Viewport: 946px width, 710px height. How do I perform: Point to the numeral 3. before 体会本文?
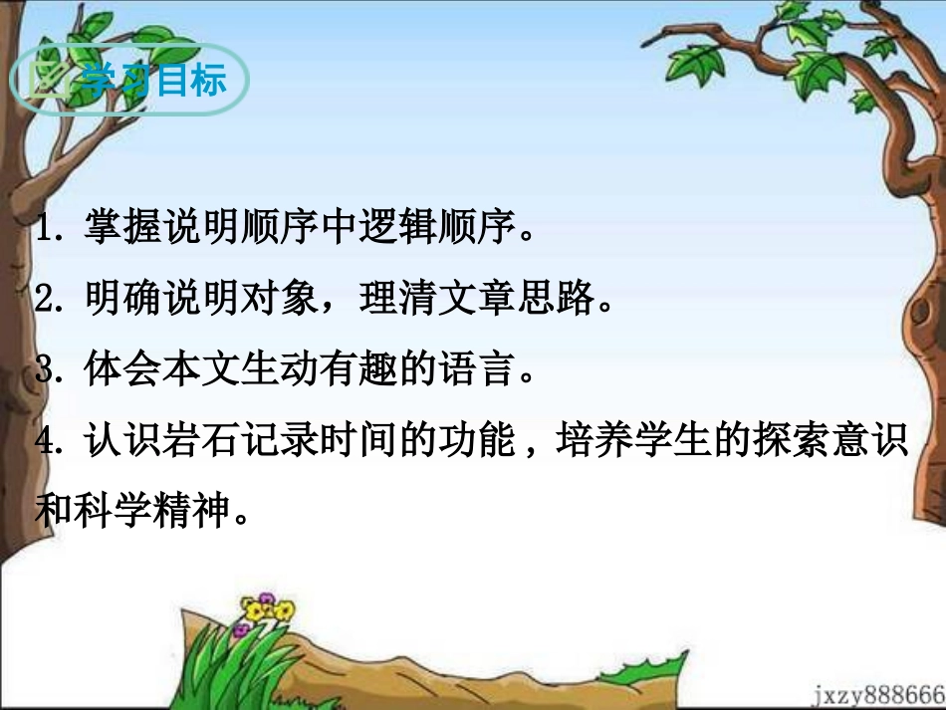(x=49, y=371)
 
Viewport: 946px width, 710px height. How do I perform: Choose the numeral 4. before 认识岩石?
(x=49, y=442)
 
